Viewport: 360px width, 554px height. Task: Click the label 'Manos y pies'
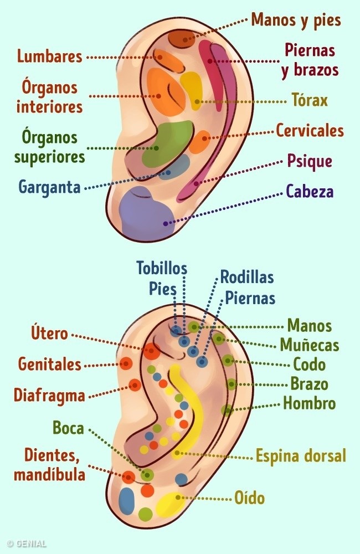[296, 20]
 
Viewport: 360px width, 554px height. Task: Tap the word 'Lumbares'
[49, 57]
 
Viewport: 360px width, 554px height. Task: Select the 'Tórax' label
[310, 101]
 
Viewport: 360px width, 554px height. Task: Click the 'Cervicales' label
[310, 131]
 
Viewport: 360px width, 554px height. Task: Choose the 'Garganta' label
[49, 187]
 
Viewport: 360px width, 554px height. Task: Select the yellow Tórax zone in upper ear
[192, 89]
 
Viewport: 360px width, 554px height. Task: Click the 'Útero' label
[49, 334]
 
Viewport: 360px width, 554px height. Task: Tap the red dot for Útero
[151, 350]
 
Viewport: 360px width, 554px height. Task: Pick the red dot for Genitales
[126, 363]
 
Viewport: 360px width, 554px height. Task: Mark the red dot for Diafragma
[135, 385]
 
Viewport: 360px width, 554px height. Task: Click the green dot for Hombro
[227, 410]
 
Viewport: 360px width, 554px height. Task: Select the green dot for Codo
[228, 360]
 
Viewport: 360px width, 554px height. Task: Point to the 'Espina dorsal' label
[300, 456]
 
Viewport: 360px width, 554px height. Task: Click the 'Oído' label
[249, 498]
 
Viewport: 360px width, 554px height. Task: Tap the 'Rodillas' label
[247, 277]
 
